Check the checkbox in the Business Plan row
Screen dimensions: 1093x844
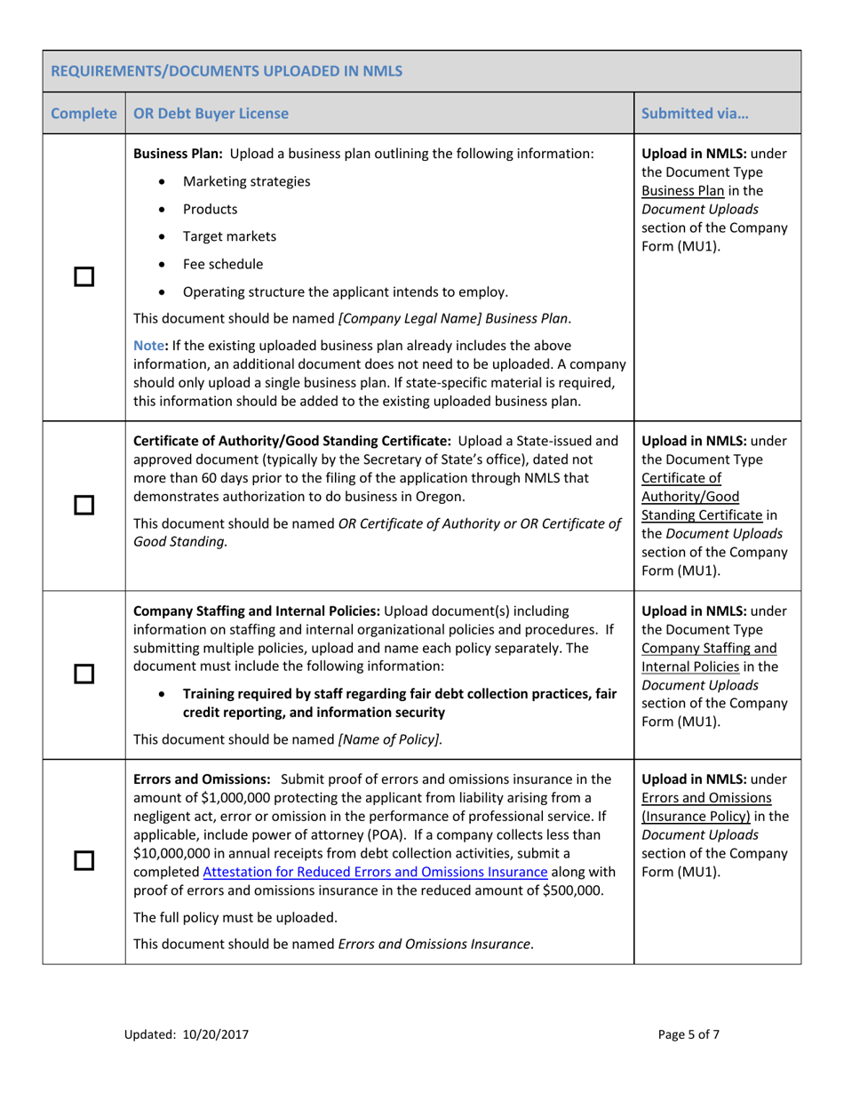point(84,278)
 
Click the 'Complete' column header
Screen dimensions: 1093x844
point(84,114)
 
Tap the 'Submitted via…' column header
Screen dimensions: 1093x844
point(695,114)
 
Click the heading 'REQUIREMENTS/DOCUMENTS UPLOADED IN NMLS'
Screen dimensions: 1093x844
point(226,71)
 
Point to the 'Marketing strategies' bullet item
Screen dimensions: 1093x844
point(246,181)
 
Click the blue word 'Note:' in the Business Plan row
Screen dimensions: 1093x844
point(150,344)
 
